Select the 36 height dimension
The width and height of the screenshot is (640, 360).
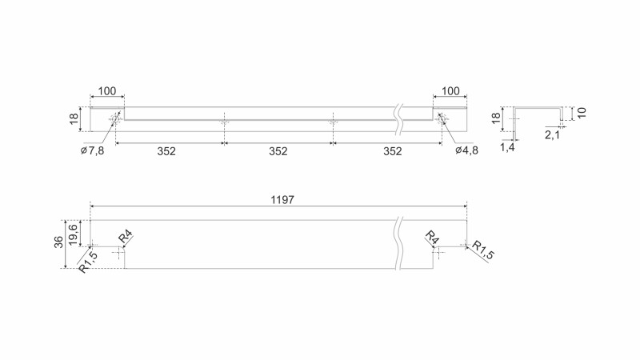59,242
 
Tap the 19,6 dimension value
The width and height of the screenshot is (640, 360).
74,231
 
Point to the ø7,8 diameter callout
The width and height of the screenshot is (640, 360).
94,150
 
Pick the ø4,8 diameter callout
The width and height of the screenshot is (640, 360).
466,150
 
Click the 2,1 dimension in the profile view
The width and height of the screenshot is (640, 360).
552,135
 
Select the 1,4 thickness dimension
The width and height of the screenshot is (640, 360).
508,147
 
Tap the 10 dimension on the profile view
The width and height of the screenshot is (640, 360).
582,112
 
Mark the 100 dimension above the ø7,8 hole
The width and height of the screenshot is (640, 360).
106,92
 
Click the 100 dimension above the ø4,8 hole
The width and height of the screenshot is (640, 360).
450,92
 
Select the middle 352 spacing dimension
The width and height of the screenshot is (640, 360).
278,150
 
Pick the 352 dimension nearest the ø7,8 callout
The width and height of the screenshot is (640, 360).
166,150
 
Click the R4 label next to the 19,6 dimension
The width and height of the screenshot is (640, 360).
126,238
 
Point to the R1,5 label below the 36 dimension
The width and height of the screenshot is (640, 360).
89,261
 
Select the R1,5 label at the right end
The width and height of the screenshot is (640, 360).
482,250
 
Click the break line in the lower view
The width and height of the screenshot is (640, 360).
398,243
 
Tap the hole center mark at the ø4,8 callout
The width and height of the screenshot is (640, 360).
441,118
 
